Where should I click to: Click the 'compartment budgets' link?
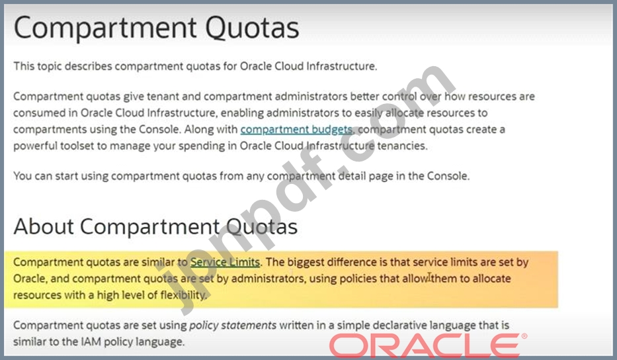[x=296, y=129]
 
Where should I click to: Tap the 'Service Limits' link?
[x=225, y=262]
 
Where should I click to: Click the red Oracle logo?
[x=425, y=345]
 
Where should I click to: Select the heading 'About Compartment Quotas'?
[x=155, y=226]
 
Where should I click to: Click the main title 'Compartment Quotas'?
[x=156, y=28]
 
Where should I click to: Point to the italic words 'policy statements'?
[x=233, y=326]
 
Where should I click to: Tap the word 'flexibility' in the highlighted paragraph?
[x=183, y=295]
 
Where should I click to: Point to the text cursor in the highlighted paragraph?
[x=429, y=277]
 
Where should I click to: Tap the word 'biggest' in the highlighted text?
[x=306, y=262]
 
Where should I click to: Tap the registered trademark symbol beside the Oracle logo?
[x=524, y=336]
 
